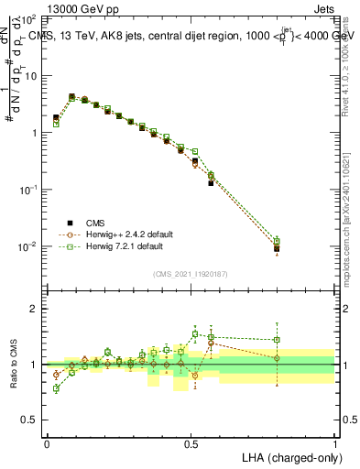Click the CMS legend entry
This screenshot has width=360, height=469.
[96, 222]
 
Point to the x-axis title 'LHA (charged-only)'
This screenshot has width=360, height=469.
[290, 455]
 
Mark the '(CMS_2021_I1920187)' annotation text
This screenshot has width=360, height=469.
[191, 274]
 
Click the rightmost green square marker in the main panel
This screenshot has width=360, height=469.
[278, 240]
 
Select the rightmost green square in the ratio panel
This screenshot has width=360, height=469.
[278, 340]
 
